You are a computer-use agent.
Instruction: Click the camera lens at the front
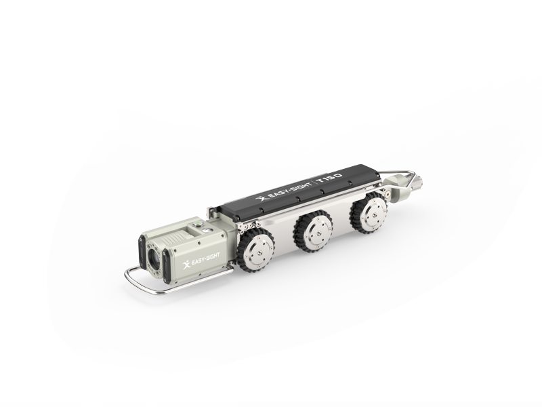(x=154, y=258)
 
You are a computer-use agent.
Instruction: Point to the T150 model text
(x=331, y=180)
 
